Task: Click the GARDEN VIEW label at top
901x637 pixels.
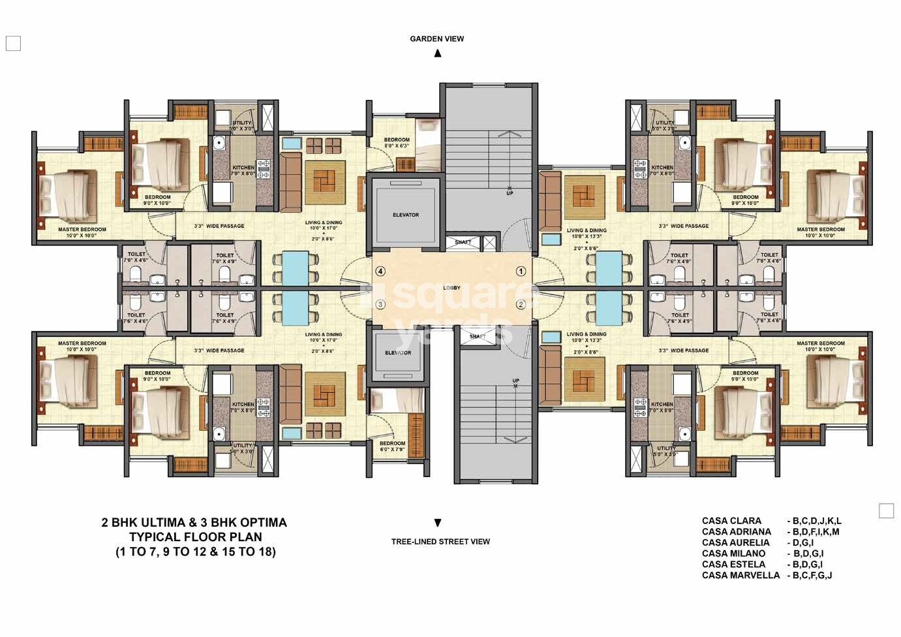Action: coord(436,39)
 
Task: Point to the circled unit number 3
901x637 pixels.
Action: coord(380,304)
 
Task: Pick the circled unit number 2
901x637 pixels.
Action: coord(521,304)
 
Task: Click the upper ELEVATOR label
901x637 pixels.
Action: coord(405,215)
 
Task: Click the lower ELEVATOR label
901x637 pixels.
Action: coord(398,353)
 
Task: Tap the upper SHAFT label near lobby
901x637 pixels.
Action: coord(463,243)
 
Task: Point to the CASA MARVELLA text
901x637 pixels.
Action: coord(741,576)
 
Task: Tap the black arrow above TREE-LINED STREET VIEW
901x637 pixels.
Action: coord(437,523)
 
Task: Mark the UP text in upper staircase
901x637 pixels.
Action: coord(509,194)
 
